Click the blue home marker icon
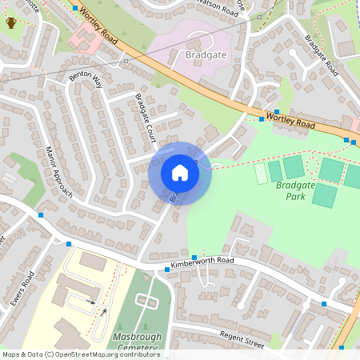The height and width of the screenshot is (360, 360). tap(180, 173)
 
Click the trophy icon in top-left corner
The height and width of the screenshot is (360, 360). tap(11, 22)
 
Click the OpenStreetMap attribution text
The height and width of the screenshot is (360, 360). tap(81, 354)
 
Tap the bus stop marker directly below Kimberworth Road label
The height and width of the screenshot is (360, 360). tap(167, 270)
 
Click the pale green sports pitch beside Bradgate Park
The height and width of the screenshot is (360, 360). tap(261, 173)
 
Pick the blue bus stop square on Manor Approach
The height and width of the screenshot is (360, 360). tap(40, 214)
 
